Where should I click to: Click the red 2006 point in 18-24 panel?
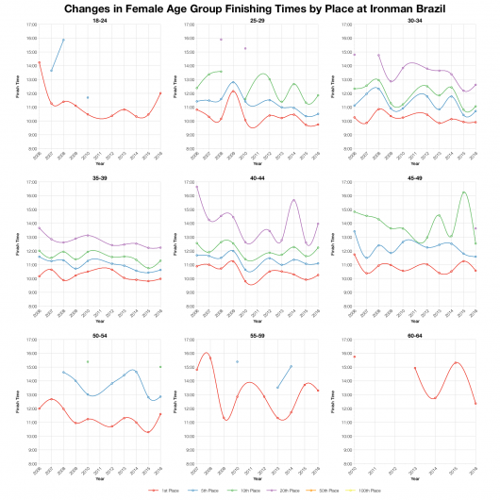40,62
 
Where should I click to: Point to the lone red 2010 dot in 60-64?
355,356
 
